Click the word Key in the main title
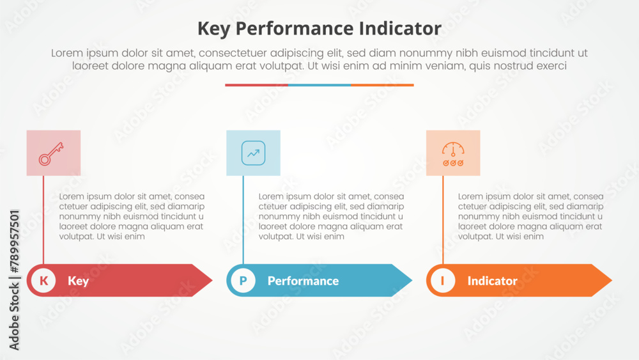pos(214,29)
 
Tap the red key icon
pos(51,153)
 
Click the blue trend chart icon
pos(253,153)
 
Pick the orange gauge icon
pos(453,153)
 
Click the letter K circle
pos(43,281)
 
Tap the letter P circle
pos(243,281)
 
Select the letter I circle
pos(443,281)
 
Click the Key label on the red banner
pos(78,281)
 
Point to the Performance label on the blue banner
pos(303,281)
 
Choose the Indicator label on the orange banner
pos(492,281)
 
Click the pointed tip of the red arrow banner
pos(212,280)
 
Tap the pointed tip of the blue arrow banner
pos(412,280)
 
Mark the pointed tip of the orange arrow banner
pos(612,280)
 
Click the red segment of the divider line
pos(256,85)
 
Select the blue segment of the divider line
pos(319,85)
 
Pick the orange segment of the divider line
pos(382,85)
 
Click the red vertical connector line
pos(43,220)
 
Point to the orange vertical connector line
pos(443,220)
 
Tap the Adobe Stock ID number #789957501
pos(14,242)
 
